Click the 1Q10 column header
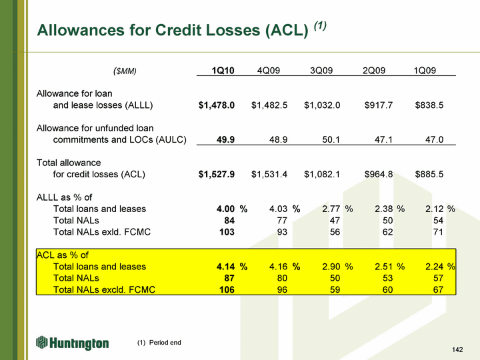tap(223, 71)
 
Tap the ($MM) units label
tap(125, 71)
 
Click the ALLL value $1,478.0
tap(217, 105)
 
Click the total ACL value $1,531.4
tap(269, 175)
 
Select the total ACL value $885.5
tap(429, 175)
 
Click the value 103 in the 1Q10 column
tap(227, 232)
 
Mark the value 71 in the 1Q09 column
tap(437, 232)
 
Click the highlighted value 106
tap(227, 289)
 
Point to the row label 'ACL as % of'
tap(63, 255)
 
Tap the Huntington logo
tap(73, 343)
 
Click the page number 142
tap(457, 350)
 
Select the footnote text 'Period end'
tap(165, 343)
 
